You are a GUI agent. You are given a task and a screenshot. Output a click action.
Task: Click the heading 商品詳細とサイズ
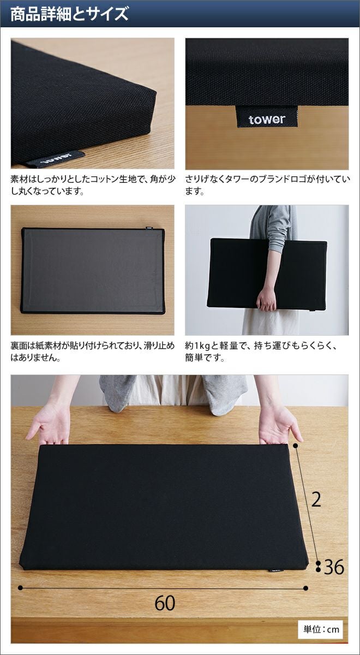69,14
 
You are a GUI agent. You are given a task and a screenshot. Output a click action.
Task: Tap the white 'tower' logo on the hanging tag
267,119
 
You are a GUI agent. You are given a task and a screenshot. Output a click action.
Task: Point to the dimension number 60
165,603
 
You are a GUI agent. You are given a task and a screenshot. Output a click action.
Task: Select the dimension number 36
334,567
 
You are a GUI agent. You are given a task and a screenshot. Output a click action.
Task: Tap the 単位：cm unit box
321,629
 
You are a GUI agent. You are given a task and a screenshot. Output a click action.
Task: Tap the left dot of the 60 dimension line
20,588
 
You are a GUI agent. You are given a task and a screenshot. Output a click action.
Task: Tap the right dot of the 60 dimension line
305,588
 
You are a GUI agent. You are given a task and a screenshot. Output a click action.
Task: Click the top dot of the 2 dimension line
295,446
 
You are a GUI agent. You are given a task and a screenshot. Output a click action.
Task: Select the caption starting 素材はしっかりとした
93,186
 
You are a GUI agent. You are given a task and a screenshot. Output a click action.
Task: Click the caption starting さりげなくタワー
267,186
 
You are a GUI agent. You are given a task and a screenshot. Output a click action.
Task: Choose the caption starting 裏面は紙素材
93,352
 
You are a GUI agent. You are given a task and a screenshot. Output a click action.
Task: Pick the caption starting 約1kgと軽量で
261,352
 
